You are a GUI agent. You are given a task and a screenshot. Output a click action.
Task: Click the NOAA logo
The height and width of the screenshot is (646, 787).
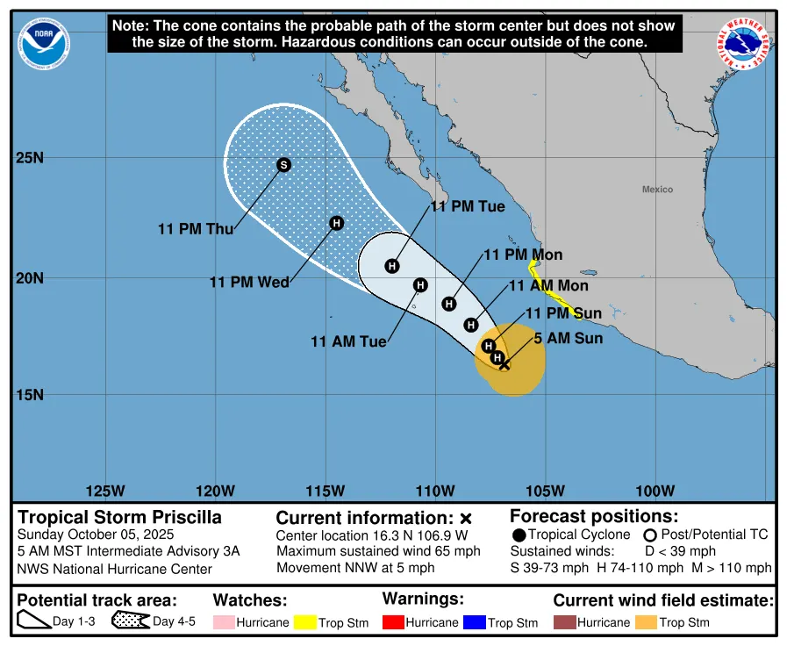tap(44, 43)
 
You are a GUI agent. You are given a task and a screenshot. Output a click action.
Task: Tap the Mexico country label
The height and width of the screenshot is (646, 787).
tap(657, 190)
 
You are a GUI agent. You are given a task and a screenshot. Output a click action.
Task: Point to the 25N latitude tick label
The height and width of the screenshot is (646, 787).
tap(29, 158)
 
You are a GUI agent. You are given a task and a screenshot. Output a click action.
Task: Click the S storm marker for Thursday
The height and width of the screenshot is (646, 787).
tap(283, 165)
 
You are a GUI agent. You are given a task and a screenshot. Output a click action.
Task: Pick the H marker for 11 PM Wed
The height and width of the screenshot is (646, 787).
tap(336, 223)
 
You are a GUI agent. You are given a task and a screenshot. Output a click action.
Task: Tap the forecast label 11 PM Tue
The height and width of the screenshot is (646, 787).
tap(467, 206)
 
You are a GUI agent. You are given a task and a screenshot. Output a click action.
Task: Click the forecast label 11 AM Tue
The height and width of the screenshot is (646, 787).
tap(348, 341)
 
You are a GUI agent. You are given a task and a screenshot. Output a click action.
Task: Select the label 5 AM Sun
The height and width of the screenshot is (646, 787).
tap(568, 338)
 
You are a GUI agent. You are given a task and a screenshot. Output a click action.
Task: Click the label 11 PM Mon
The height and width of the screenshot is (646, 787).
tap(523, 255)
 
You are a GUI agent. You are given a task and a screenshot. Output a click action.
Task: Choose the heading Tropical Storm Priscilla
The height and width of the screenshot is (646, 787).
tap(120, 517)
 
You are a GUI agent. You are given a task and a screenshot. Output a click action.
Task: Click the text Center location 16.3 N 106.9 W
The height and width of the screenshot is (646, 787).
tap(372, 535)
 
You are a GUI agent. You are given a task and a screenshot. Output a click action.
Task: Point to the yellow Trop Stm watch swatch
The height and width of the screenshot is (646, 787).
tap(304, 622)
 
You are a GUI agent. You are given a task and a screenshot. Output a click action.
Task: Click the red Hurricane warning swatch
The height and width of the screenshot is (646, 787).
tap(395, 622)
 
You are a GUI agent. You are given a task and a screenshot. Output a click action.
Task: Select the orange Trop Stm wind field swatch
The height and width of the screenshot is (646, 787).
tap(645, 622)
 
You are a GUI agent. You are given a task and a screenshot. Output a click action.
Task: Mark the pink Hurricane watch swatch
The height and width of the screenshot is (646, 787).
tap(224, 622)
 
